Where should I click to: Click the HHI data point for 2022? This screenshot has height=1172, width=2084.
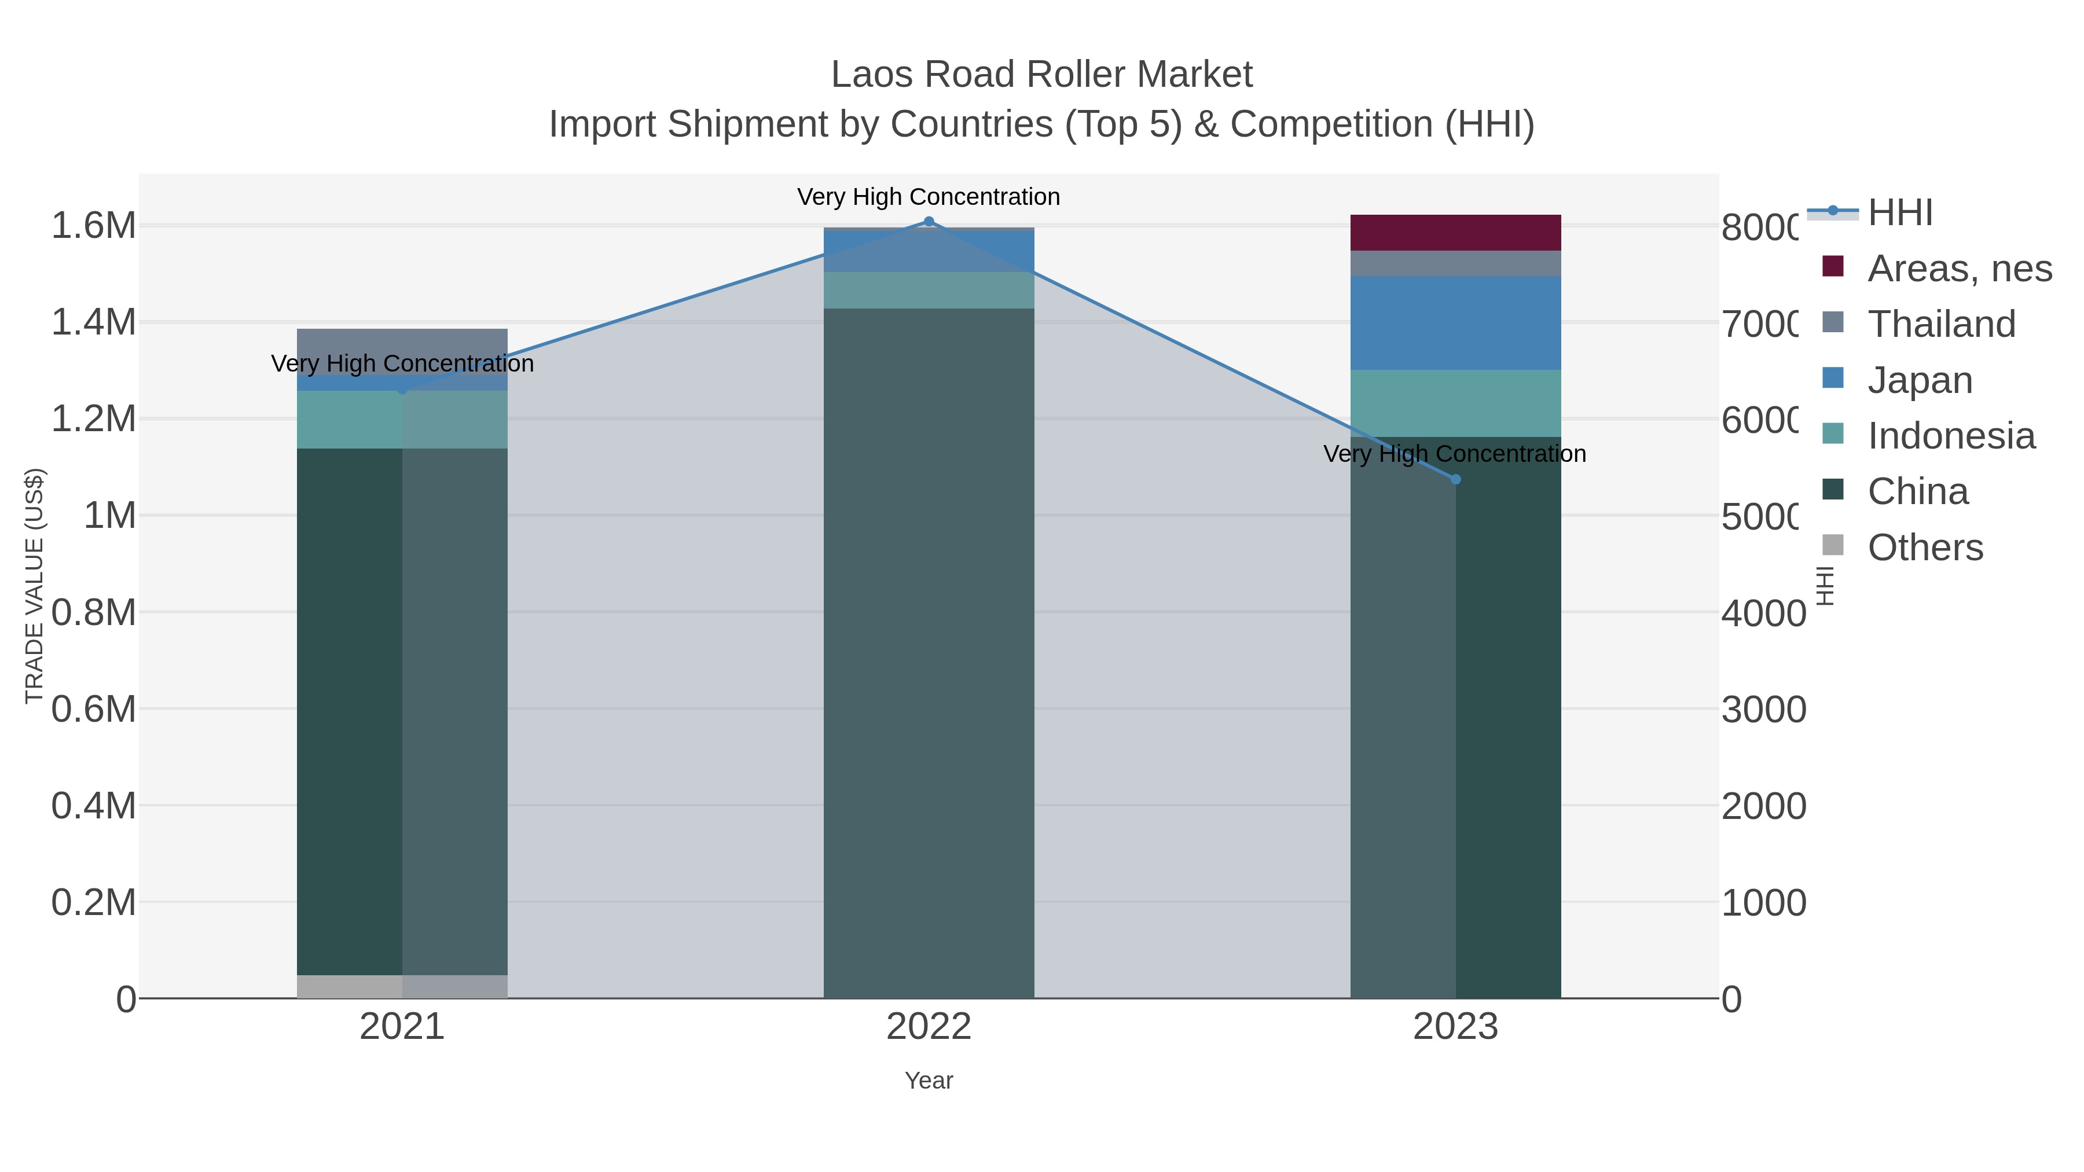pos(929,222)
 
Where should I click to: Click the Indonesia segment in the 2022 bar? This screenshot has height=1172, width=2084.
pos(929,291)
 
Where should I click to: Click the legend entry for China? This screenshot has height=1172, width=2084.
pos(1917,492)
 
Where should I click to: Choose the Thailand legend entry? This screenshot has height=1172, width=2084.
pos(1941,324)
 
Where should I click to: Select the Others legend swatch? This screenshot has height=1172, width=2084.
pos(1833,546)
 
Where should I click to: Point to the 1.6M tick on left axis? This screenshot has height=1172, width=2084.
pos(94,226)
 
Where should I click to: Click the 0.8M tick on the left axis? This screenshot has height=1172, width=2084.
pos(94,612)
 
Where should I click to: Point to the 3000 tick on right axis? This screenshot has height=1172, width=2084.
pos(1764,710)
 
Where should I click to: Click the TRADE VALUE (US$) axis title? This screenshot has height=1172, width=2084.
pos(34,586)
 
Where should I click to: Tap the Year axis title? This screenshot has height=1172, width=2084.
pos(929,1081)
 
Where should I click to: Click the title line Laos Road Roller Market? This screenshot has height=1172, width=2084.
pos(1041,75)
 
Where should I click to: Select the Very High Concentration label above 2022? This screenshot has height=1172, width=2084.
pos(929,197)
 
